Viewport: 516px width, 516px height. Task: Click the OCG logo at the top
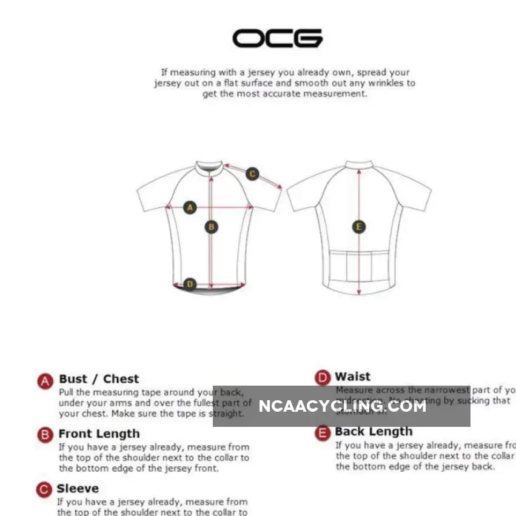coord(277,38)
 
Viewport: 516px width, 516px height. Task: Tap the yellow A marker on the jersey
coord(190,207)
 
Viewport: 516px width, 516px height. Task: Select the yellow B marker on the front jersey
coord(211,227)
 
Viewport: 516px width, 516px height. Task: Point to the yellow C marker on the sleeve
coord(252,174)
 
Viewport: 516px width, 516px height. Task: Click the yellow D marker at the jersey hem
coord(190,284)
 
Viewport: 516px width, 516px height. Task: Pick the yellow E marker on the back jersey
coord(359,227)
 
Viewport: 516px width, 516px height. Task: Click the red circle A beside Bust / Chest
coord(45,381)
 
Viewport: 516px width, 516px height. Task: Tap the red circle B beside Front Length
coord(45,435)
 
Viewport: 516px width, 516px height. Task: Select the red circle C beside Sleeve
coord(44,489)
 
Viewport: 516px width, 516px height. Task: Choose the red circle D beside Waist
coord(323,378)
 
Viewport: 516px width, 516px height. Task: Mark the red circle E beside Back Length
coord(323,432)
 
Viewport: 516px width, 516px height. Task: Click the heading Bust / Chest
coord(99,379)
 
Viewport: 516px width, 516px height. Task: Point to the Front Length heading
coord(99,434)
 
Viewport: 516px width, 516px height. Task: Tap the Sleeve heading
coord(78,488)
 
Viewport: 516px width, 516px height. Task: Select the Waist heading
coord(352,377)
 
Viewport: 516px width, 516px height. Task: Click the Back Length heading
coord(374,431)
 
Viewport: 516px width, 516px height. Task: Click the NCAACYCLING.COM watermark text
coord(342,406)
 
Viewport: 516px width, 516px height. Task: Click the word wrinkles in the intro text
coord(386,83)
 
